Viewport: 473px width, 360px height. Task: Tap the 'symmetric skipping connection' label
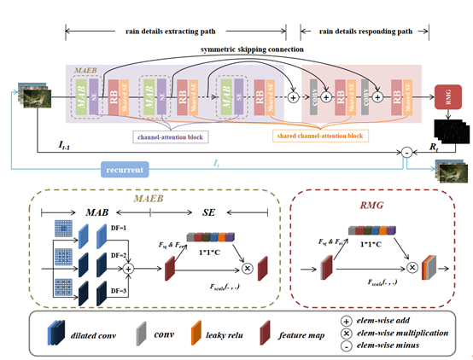point(251,49)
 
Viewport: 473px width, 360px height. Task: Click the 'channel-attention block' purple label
point(172,135)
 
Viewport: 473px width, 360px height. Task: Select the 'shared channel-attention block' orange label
point(321,135)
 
